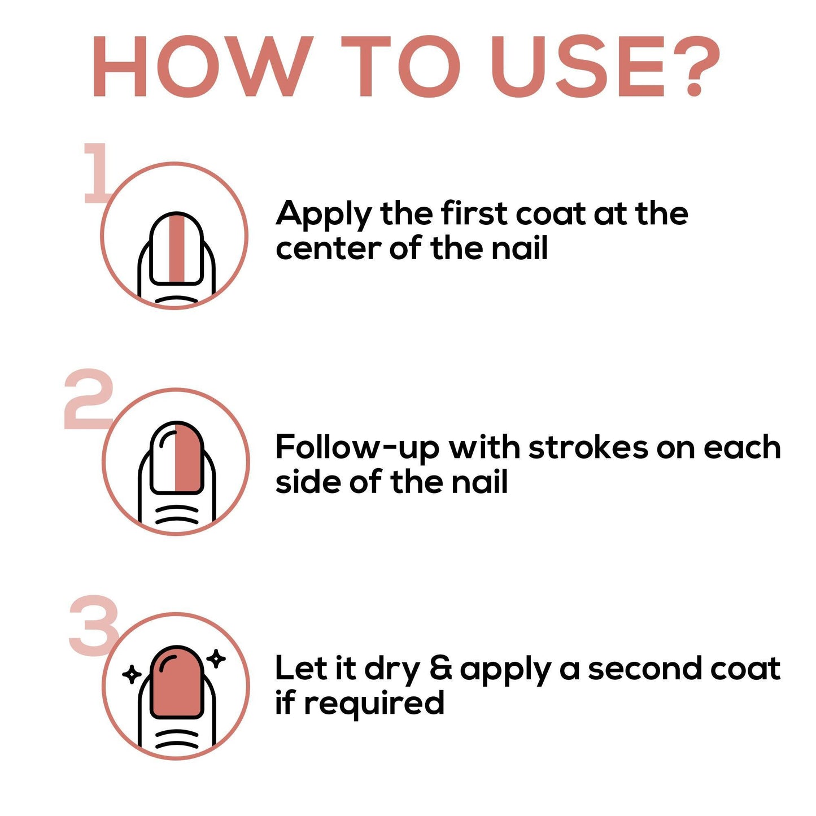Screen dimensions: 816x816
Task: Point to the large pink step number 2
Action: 89,399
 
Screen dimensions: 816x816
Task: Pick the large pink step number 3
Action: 94,625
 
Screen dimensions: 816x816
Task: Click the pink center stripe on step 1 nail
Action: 176,248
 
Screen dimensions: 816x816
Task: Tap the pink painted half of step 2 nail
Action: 189,457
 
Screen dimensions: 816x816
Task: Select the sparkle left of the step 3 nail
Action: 132,674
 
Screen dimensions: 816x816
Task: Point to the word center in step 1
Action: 328,248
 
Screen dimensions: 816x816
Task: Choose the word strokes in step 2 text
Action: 588,447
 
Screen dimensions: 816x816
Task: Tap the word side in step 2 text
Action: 308,482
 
